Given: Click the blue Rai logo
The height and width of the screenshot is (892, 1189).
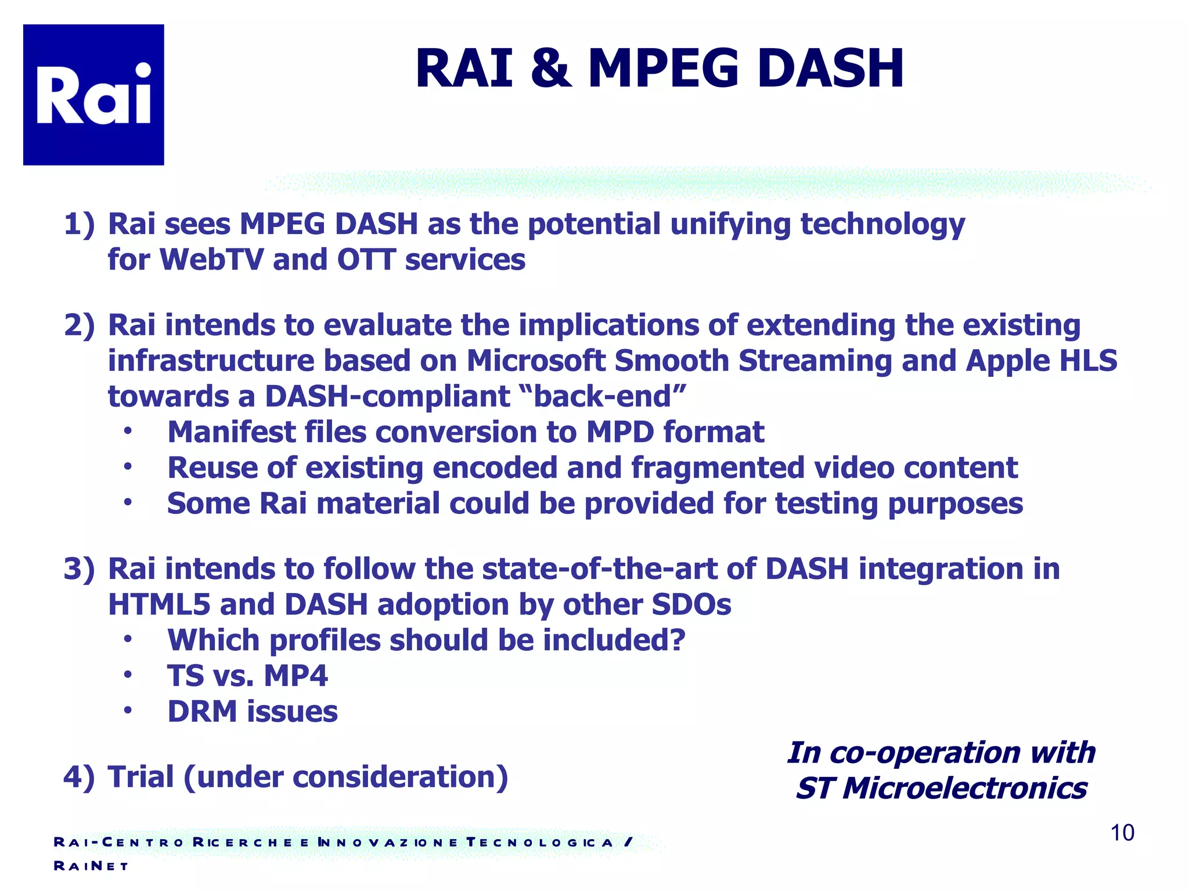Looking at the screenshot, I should click(93, 95).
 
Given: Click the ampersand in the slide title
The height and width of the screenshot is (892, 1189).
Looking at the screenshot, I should click(551, 69).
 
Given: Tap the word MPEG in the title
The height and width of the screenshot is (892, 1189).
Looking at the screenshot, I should click(664, 69).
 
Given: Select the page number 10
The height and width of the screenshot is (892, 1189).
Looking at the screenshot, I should click(1122, 833).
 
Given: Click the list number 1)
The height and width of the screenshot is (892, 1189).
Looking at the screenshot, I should click(79, 224).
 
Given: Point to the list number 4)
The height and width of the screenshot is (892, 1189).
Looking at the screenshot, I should click(79, 777).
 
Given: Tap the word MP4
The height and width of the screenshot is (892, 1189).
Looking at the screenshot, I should click(296, 676).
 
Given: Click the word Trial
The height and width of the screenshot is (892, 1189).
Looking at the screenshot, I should click(141, 777).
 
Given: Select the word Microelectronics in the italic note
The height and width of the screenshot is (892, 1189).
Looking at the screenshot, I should click(964, 789).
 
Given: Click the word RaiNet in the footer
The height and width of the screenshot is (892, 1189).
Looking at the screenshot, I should click(91, 866).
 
